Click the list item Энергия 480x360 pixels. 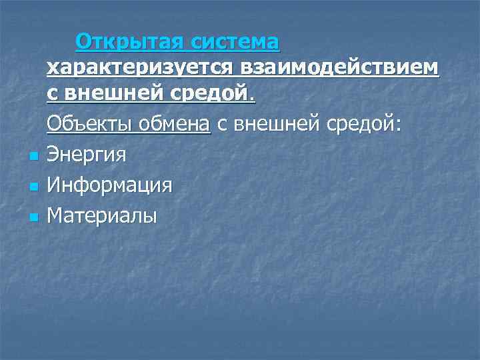coord(87,155)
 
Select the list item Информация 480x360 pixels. coord(110,185)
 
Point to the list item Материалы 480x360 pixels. coord(102,216)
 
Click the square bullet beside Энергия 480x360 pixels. coord(33,157)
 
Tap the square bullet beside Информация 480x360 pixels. coord(33,187)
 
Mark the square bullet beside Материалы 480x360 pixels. coord(33,217)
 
